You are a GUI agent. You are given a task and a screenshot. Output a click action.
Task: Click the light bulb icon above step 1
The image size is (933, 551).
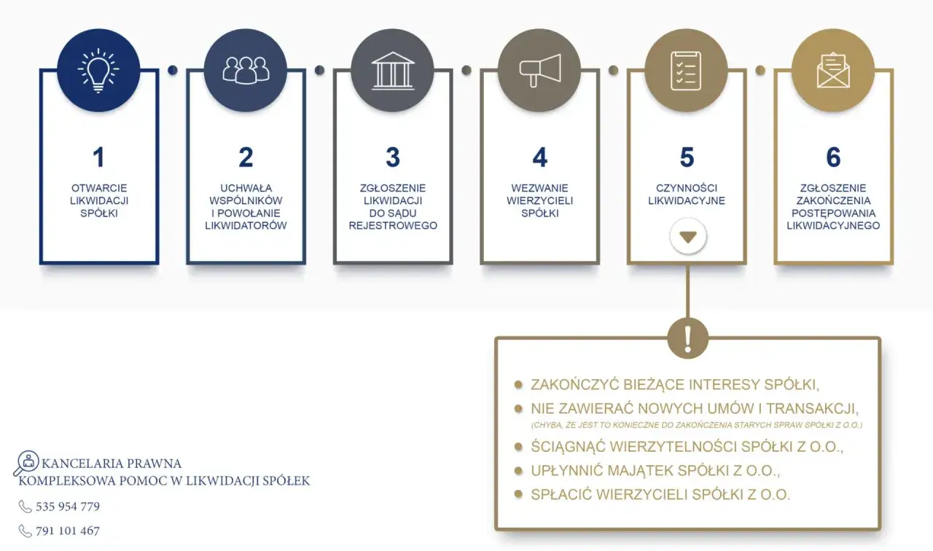pyautogui.click(x=98, y=71)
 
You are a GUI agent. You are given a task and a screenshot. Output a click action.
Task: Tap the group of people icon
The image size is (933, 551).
pyautogui.click(x=246, y=71)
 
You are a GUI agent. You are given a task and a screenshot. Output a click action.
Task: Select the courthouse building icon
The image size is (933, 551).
pyautogui.click(x=393, y=71)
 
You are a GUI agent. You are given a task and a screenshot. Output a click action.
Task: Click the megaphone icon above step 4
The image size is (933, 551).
pyautogui.click(x=540, y=71)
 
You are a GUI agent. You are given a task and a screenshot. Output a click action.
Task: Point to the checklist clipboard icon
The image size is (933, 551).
pyautogui.click(x=686, y=71)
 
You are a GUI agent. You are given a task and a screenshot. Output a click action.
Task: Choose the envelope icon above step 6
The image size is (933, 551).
pyautogui.click(x=833, y=71)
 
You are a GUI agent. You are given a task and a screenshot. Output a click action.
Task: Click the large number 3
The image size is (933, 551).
pyautogui.click(x=393, y=157)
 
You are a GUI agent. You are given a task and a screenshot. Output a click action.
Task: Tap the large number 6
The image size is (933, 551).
pyautogui.click(x=833, y=157)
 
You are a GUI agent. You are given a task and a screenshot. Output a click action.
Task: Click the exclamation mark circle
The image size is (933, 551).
pyautogui.click(x=687, y=338)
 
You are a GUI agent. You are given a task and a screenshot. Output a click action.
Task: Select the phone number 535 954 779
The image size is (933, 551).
pyautogui.click(x=68, y=507)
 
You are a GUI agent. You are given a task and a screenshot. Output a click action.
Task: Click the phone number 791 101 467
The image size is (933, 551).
pyautogui.click(x=68, y=531)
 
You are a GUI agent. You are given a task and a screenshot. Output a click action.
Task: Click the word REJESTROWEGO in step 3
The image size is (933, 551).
pyautogui.click(x=393, y=226)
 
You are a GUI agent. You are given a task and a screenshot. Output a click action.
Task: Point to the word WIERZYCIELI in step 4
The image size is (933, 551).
pyautogui.click(x=540, y=200)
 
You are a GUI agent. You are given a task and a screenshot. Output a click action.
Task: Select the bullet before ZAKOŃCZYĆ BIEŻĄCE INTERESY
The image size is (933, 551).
pyautogui.click(x=518, y=384)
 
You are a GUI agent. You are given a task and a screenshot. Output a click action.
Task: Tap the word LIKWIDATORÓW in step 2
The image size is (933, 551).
pyautogui.click(x=246, y=226)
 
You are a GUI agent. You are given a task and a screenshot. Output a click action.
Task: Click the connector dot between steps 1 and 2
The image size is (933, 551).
pyautogui.click(x=173, y=70)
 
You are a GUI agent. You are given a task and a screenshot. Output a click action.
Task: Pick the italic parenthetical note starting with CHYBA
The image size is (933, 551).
pyautogui.click(x=696, y=425)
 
